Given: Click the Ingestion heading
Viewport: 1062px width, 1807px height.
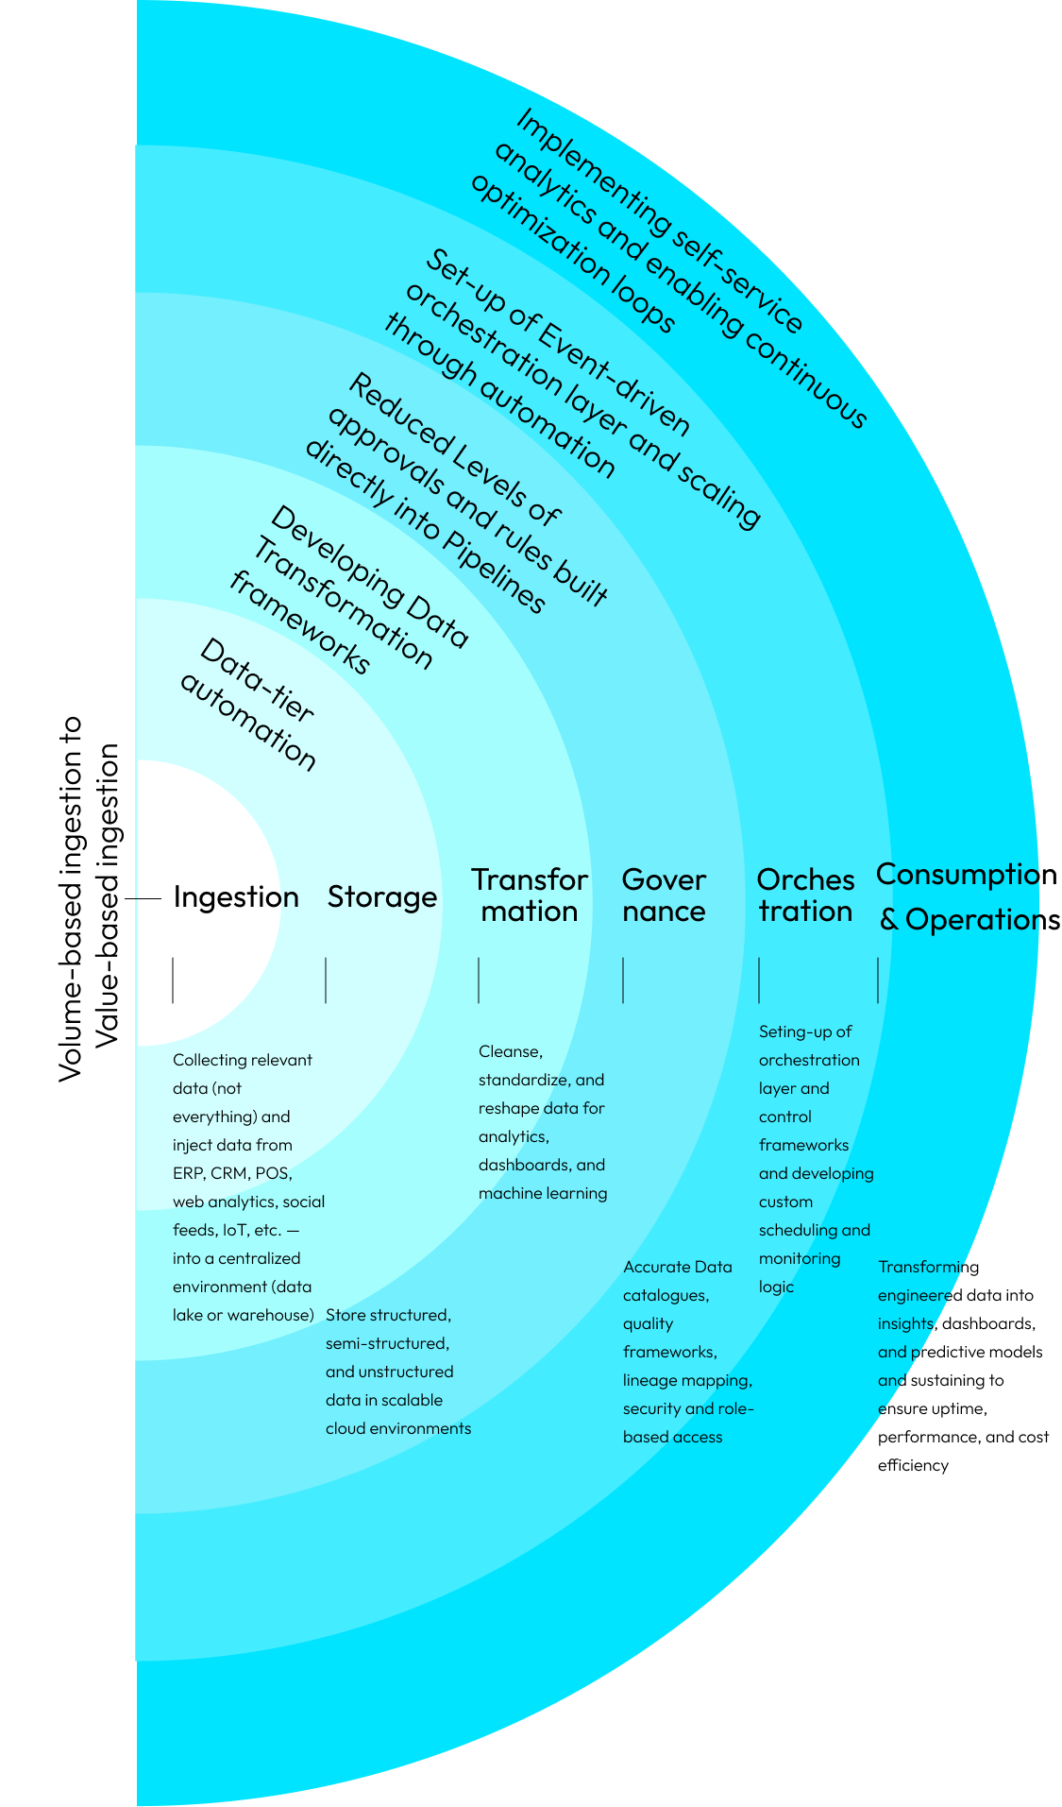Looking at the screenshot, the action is (x=236, y=897).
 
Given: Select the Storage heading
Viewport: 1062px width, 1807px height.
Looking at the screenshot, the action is (x=382, y=897).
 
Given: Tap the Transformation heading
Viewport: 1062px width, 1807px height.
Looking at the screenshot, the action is (x=530, y=895).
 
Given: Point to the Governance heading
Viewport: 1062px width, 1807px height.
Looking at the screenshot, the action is (x=664, y=895).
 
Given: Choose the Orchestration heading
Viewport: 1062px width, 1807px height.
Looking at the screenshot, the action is (x=805, y=895).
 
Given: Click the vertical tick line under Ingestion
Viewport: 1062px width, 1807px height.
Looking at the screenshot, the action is (x=173, y=980).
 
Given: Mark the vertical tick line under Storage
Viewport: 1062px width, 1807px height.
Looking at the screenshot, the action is (x=326, y=980).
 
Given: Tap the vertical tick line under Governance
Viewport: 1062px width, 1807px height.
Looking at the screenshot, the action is (x=623, y=980).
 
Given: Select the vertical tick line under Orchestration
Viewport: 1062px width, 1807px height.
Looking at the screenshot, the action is (x=759, y=980).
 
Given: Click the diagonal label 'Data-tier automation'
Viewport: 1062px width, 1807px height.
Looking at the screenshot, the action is (x=248, y=704).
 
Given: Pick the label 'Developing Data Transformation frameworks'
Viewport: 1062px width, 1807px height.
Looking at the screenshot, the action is (x=349, y=590).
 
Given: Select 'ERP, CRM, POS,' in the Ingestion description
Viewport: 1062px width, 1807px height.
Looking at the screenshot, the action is (x=232, y=1173).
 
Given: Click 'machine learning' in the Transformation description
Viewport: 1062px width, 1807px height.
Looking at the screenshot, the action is (x=543, y=1193).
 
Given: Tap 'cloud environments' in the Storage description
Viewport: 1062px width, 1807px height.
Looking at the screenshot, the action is (x=398, y=1428).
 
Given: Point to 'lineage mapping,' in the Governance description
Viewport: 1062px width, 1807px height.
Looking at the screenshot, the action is (x=687, y=1380).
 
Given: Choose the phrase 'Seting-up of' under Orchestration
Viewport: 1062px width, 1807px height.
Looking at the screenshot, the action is (x=805, y=1031).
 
